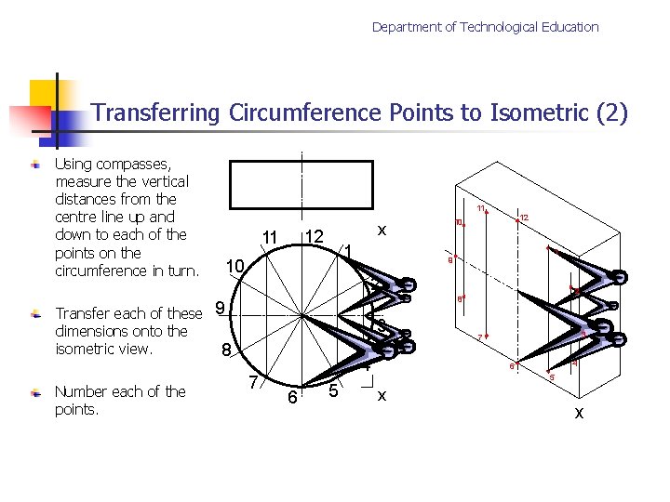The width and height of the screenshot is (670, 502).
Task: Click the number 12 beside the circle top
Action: (315, 238)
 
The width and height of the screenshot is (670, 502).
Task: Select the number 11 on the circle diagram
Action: (270, 240)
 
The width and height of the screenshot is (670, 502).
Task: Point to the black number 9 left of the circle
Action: (219, 307)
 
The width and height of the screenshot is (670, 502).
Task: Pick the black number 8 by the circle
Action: (226, 350)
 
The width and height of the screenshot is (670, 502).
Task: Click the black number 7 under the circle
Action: (252, 382)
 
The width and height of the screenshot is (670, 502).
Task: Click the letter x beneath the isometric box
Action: (579, 412)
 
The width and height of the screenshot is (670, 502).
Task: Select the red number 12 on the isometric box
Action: (525, 218)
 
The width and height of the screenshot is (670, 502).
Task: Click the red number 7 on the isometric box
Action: (480, 337)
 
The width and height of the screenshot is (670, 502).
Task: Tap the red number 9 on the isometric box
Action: (449, 260)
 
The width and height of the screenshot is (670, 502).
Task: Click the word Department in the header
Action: (407, 27)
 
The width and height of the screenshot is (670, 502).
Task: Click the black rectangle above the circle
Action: (301, 184)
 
